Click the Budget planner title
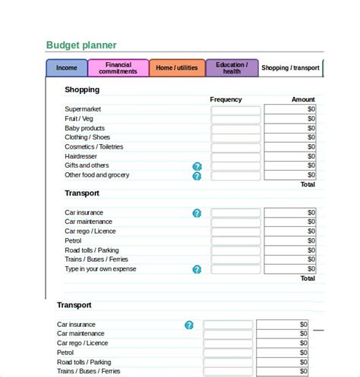82,46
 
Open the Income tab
67,68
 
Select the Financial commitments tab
118,68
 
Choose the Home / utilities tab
176,68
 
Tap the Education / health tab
232,68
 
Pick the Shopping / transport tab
290,68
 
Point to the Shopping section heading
82,90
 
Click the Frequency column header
226,99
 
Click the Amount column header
303,99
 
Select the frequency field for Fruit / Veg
235,120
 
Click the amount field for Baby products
290,129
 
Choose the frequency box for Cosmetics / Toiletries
235,147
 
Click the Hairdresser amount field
290,156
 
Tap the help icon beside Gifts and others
197,166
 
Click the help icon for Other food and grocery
197,176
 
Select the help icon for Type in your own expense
197,269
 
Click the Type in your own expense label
101,269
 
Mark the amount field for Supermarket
290,110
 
